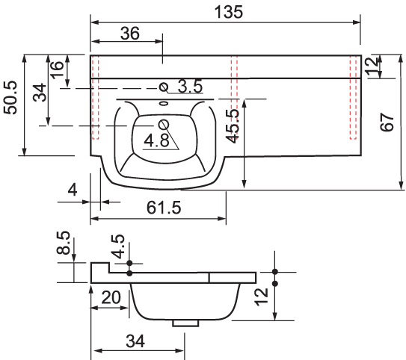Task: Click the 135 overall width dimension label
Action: click(x=229, y=12)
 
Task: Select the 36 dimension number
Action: click(x=130, y=34)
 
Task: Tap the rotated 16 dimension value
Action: click(x=57, y=69)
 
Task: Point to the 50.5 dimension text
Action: click(x=10, y=98)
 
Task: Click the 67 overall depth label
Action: click(x=387, y=122)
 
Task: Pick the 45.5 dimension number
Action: click(x=233, y=126)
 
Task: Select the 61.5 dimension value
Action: click(x=164, y=208)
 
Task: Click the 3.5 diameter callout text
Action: click(x=190, y=86)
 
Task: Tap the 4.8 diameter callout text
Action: click(x=157, y=140)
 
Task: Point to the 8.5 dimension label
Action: click(x=63, y=243)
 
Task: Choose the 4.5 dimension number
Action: click(x=118, y=246)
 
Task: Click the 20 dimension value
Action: click(x=111, y=297)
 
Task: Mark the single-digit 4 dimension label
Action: click(x=73, y=190)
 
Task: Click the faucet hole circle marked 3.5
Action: click(x=164, y=87)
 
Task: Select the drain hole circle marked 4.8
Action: click(x=164, y=125)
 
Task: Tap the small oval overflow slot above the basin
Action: click(x=164, y=104)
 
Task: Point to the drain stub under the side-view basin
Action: click(x=185, y=323)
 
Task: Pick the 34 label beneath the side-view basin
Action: click(x=135, y=341)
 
